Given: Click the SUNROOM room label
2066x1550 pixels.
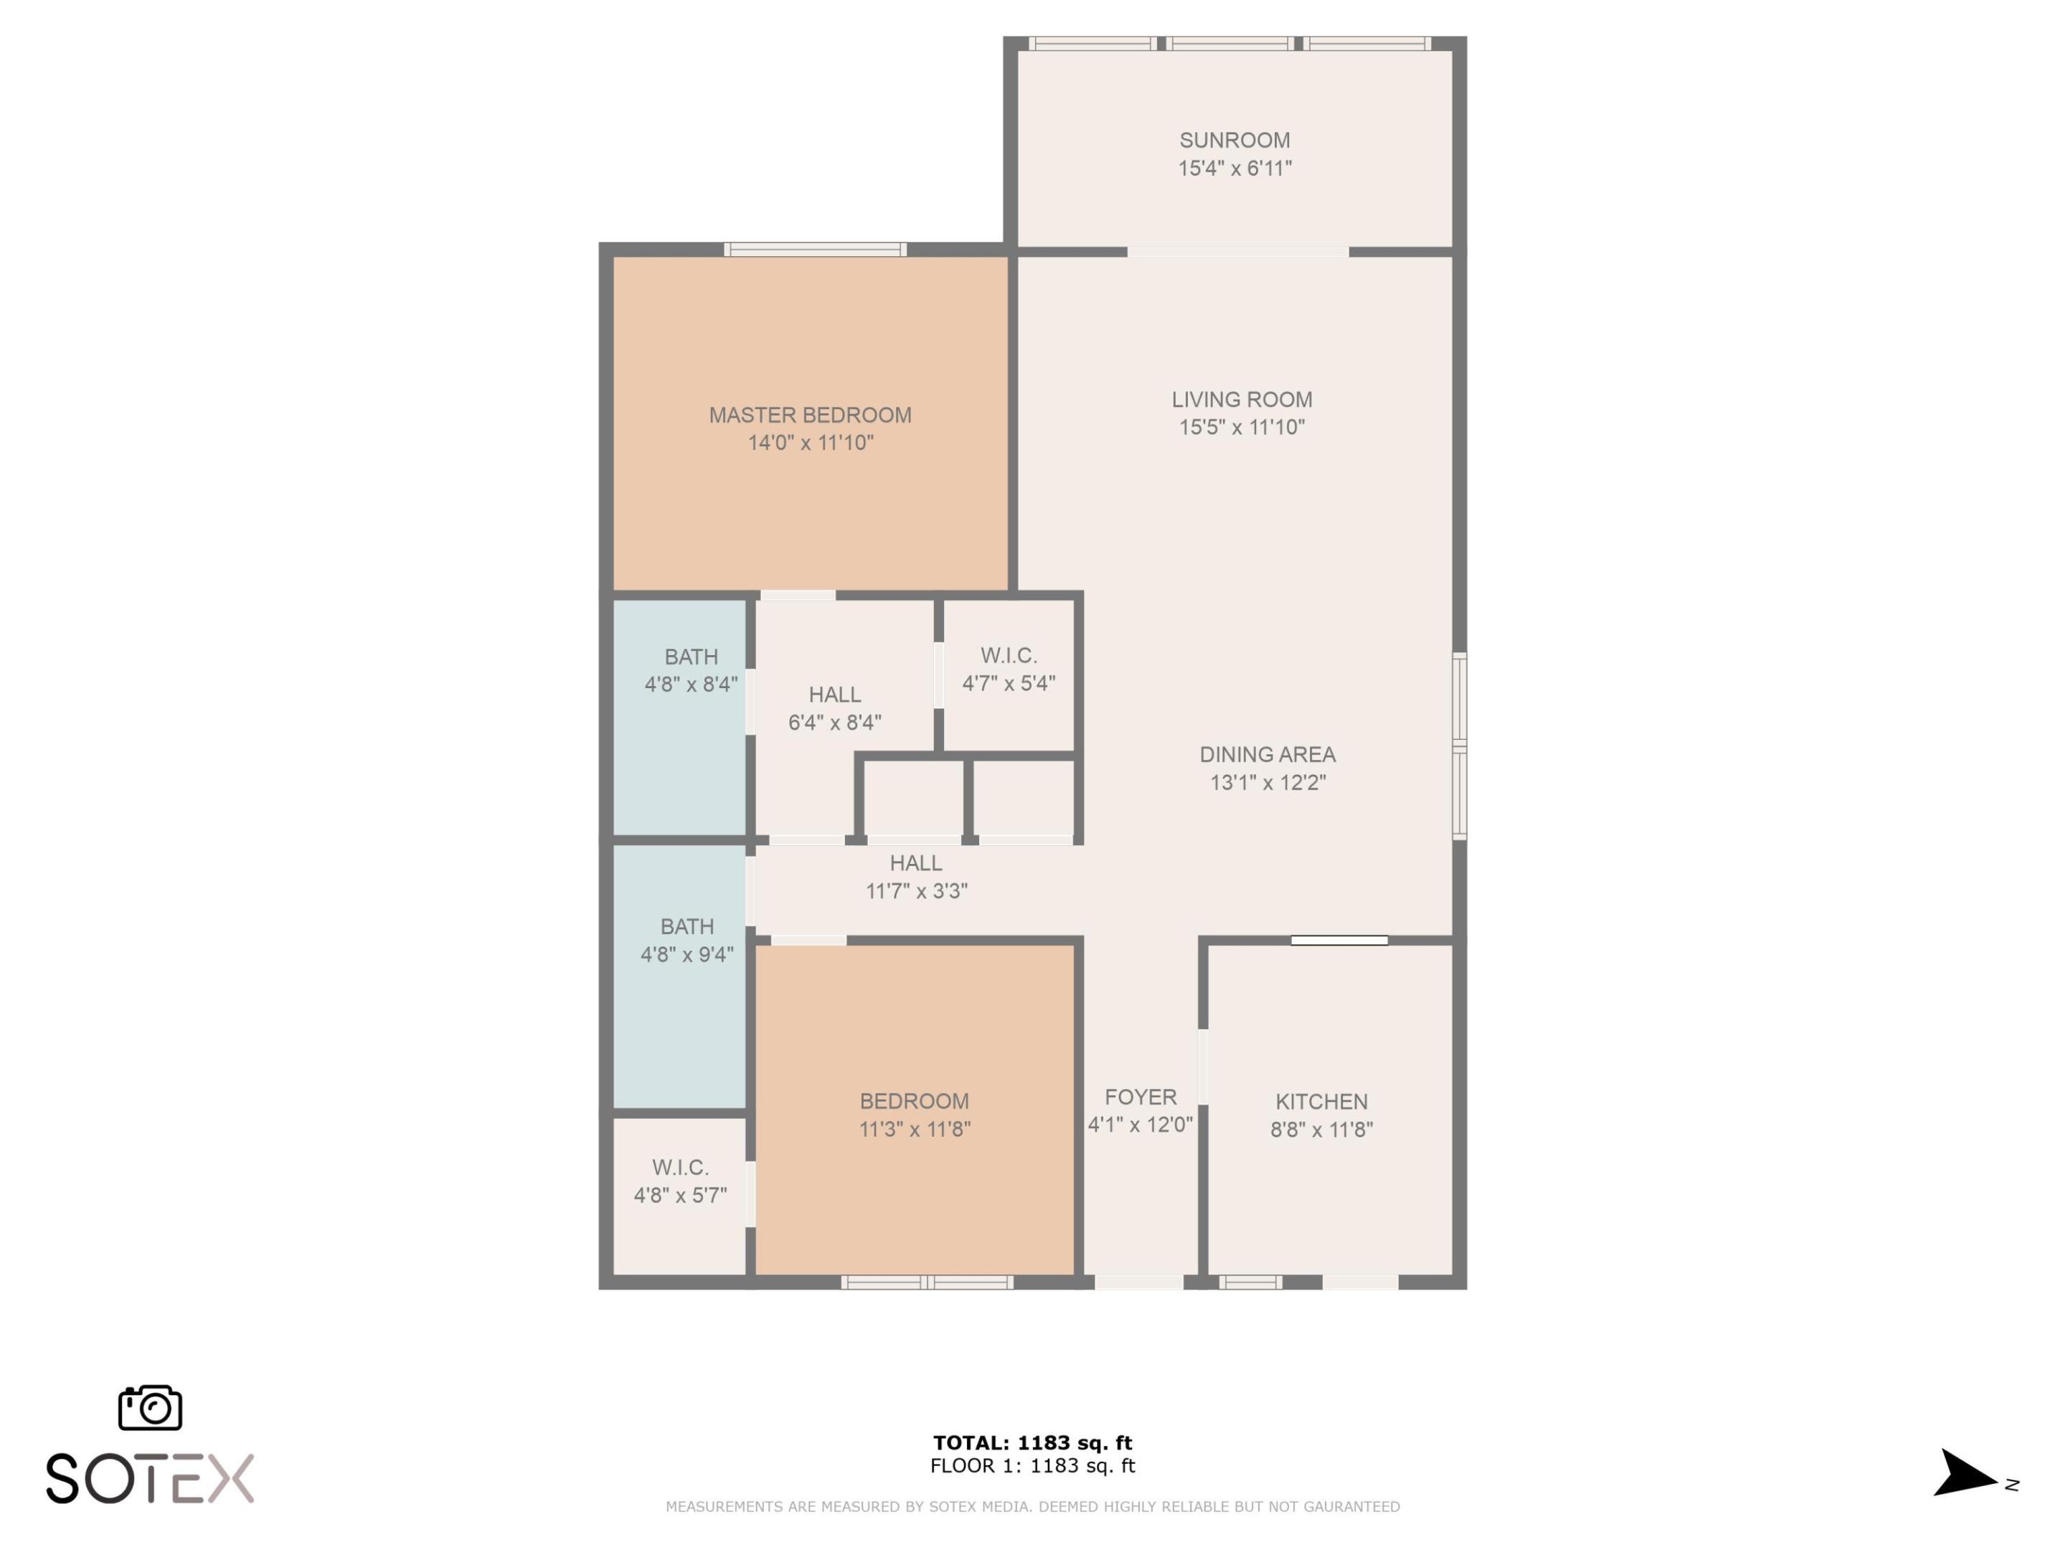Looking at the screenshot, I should [x=1234, y=140].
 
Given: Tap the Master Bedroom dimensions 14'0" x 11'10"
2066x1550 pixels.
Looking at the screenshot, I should [x=810, y=443].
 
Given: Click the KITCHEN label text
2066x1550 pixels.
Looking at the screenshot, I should [x=1321, y=1102].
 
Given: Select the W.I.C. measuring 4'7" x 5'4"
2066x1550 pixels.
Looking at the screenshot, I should [x=1008, y=669].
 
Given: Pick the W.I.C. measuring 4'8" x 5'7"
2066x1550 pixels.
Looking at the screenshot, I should [x=680, y=1181].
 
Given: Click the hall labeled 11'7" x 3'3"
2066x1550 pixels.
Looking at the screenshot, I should [x=915, y=876].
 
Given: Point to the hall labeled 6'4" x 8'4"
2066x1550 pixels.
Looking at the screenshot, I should [x=834, y=708].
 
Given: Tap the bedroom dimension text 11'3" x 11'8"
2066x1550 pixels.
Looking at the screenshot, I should [x=915, y=1129].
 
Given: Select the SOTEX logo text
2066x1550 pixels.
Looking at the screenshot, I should [x=149, y=1478].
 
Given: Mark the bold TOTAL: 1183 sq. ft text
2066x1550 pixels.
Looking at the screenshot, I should [x=1032, y=1442].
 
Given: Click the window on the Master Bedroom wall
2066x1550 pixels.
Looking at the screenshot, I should [x=814, y=250].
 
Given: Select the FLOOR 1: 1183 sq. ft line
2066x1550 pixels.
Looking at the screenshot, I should [x=1032, y=1465].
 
